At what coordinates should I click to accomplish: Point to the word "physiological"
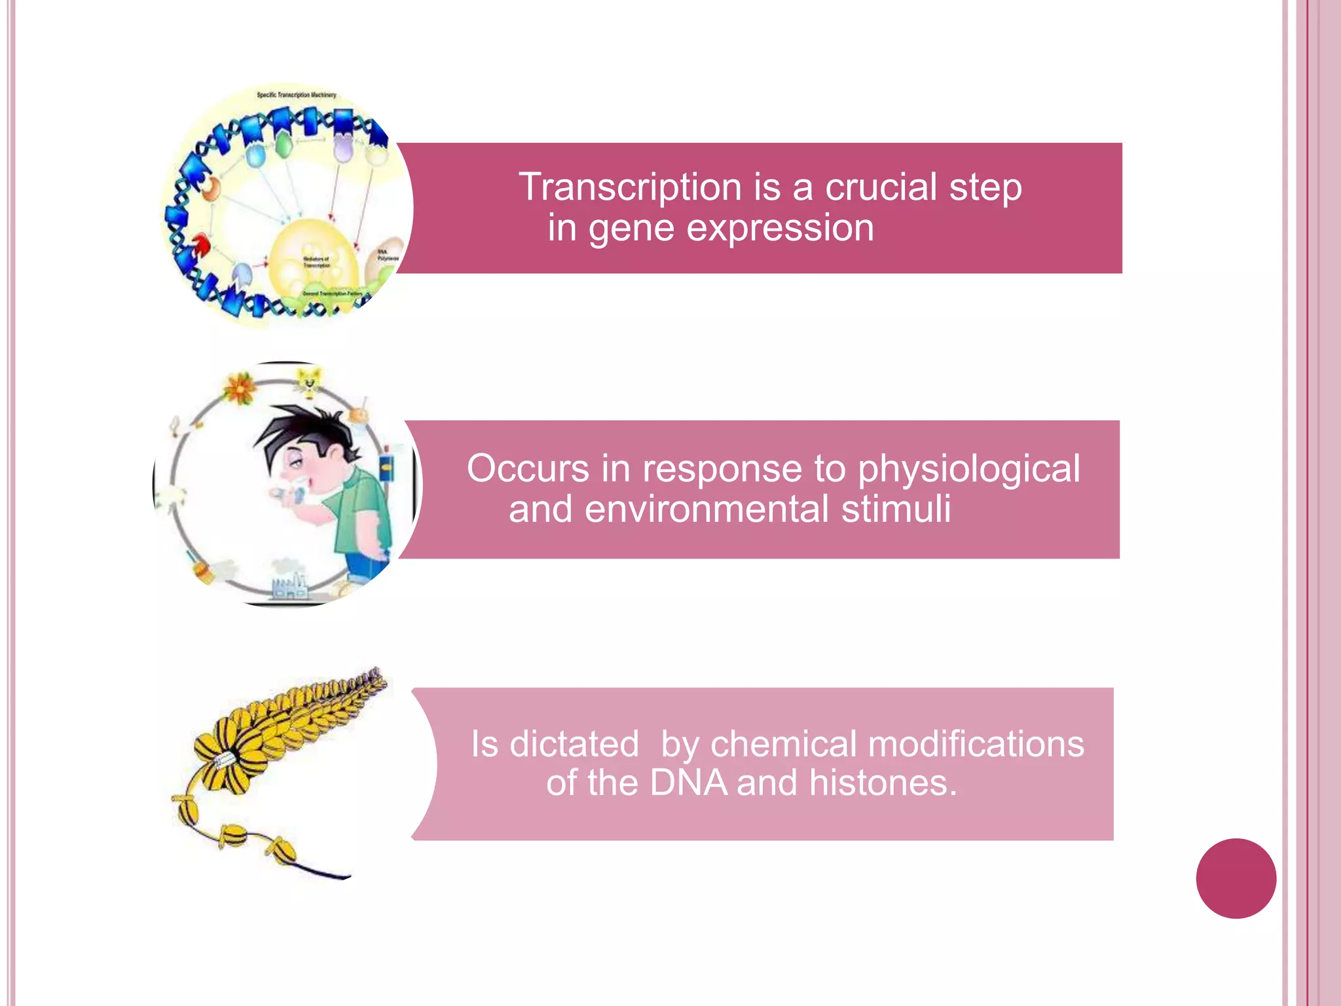969,470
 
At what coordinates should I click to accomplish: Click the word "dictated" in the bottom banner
574,745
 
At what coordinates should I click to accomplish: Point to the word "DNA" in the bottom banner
688,783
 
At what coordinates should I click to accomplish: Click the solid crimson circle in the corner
1236,878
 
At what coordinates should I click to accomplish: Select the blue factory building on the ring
289,586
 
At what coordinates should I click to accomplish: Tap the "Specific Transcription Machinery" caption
296,95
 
